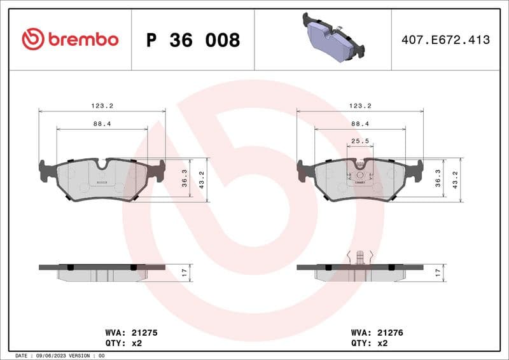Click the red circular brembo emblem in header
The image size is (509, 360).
(32, 39)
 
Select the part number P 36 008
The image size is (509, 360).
(193, 40)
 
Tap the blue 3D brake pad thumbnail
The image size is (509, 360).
(331, 38)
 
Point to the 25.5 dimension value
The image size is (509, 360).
(360, 141)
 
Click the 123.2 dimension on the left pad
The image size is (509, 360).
(102, 106)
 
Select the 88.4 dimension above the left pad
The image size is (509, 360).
(102, 124)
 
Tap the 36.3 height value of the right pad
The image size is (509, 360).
(437, 180)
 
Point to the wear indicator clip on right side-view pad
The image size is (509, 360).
(361, 257)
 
